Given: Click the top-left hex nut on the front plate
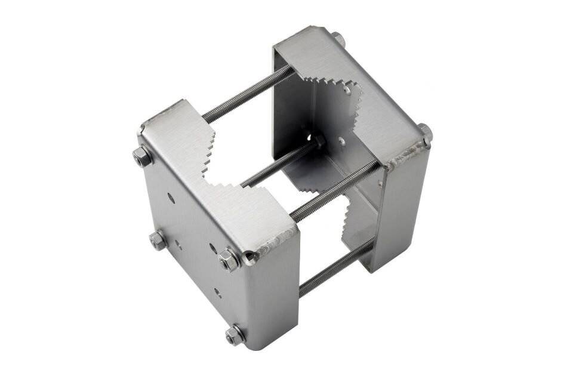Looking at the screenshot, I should tap(142, 156).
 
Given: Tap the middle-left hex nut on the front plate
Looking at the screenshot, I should tap(157, 240).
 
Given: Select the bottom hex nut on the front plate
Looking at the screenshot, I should tap(235, 334).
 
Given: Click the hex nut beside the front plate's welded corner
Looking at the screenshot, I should tap(229, 259).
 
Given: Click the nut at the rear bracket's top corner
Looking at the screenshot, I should tap(338, 39).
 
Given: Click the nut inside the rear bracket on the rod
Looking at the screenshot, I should tap(318, 141).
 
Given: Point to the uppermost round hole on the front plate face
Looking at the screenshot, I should tap(171, 197).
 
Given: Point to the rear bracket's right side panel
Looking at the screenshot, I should tap(406, 209).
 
